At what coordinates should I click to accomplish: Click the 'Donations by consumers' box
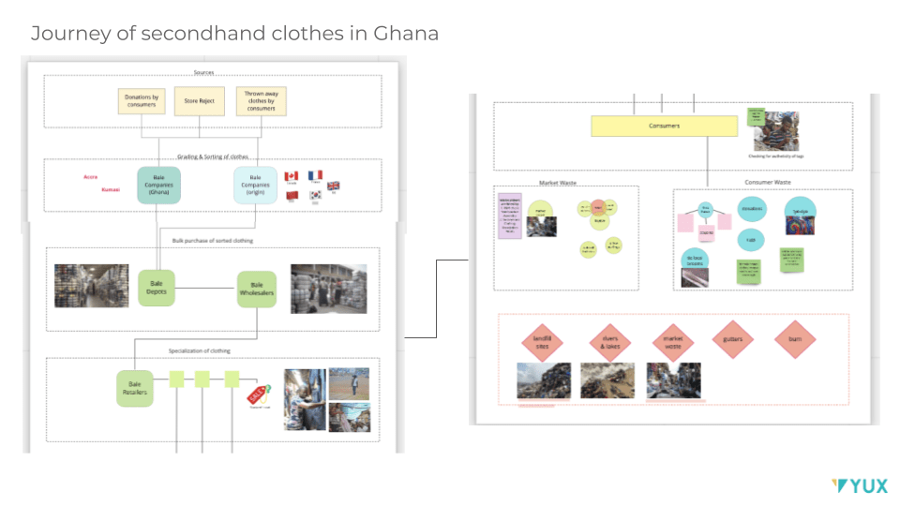[142, 100]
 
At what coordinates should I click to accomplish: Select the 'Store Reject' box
[200, 100]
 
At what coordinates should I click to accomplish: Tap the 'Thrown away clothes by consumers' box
[262, 100]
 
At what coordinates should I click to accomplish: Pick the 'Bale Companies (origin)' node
[255, 185]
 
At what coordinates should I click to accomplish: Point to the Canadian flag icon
[292, 176]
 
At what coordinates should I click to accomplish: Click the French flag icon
[315, 176]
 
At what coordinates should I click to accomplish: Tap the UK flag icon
[334, 186]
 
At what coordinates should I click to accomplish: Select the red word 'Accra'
[90, 176]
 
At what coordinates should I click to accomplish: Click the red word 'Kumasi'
[110, 189]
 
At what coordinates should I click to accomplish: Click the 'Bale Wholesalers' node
[257, 290]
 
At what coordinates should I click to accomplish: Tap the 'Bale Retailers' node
[134, 387]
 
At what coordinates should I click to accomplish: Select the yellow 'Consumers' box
[664, 125]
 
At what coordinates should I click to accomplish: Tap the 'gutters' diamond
[732, 339]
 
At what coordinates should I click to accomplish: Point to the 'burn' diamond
[795, 339]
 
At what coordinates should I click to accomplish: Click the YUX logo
[860, 485]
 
